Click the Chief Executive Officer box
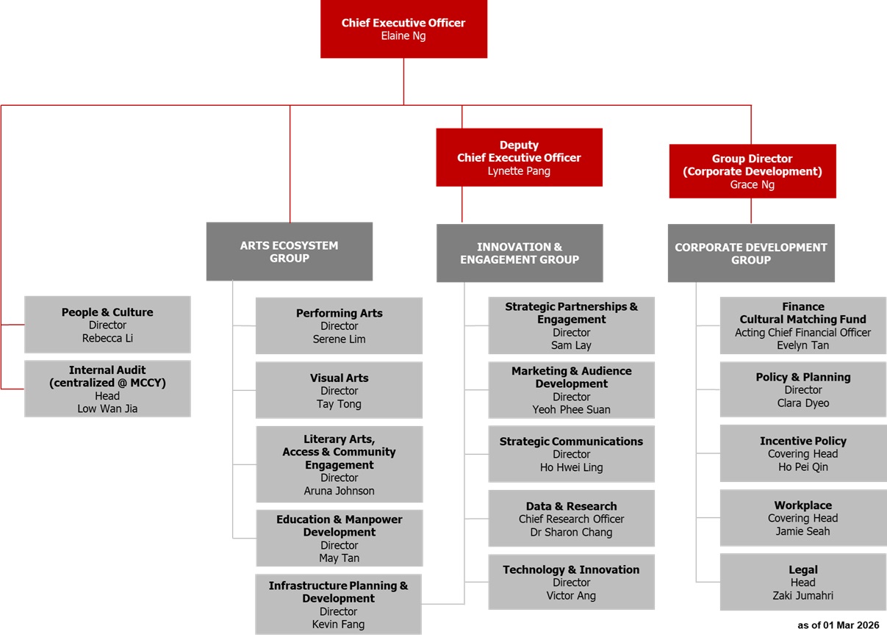point(403,29)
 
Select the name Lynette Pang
point(519,171)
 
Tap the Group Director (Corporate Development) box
point(752,171)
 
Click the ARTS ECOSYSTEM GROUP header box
point(289,251)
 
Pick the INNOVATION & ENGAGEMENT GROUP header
point(519,253)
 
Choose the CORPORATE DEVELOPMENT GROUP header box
point(750,253)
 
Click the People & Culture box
point(107,325)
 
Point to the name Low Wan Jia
point(107,409)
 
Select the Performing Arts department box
point(339,325)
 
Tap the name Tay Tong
point(339,404)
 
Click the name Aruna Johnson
point(339,491)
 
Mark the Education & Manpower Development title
point(339,525)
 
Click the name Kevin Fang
point(339,625)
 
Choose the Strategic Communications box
point(571,454)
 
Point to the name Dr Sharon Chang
point(571,532)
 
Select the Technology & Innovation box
point(571,582)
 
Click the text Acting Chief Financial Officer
point(802,333)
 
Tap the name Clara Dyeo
point(802,403)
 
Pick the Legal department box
point(802,583)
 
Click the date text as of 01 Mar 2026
point(838,625)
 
